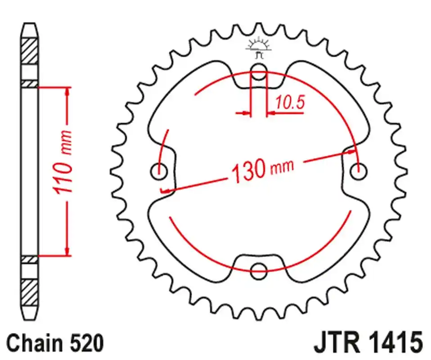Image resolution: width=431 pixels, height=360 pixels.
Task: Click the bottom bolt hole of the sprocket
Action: point(259,270)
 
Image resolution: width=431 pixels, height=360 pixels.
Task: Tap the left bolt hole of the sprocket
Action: point(158,171)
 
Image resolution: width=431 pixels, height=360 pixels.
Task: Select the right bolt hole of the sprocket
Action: point(359,170)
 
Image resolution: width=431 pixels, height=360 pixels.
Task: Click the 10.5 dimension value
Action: point(290,103)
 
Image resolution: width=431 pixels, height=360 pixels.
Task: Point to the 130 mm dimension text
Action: point(262,169)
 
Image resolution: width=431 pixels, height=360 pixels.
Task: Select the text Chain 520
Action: point(55,343)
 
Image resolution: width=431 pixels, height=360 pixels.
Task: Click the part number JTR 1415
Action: point(367,343)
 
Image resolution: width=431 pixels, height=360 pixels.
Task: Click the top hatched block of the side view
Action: point(30,52)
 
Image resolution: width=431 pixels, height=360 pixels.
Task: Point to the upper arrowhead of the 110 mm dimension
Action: point(67,92)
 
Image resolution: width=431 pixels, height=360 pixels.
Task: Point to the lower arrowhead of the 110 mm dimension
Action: point(67,251)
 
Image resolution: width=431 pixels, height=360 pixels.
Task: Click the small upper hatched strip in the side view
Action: point(30,84)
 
